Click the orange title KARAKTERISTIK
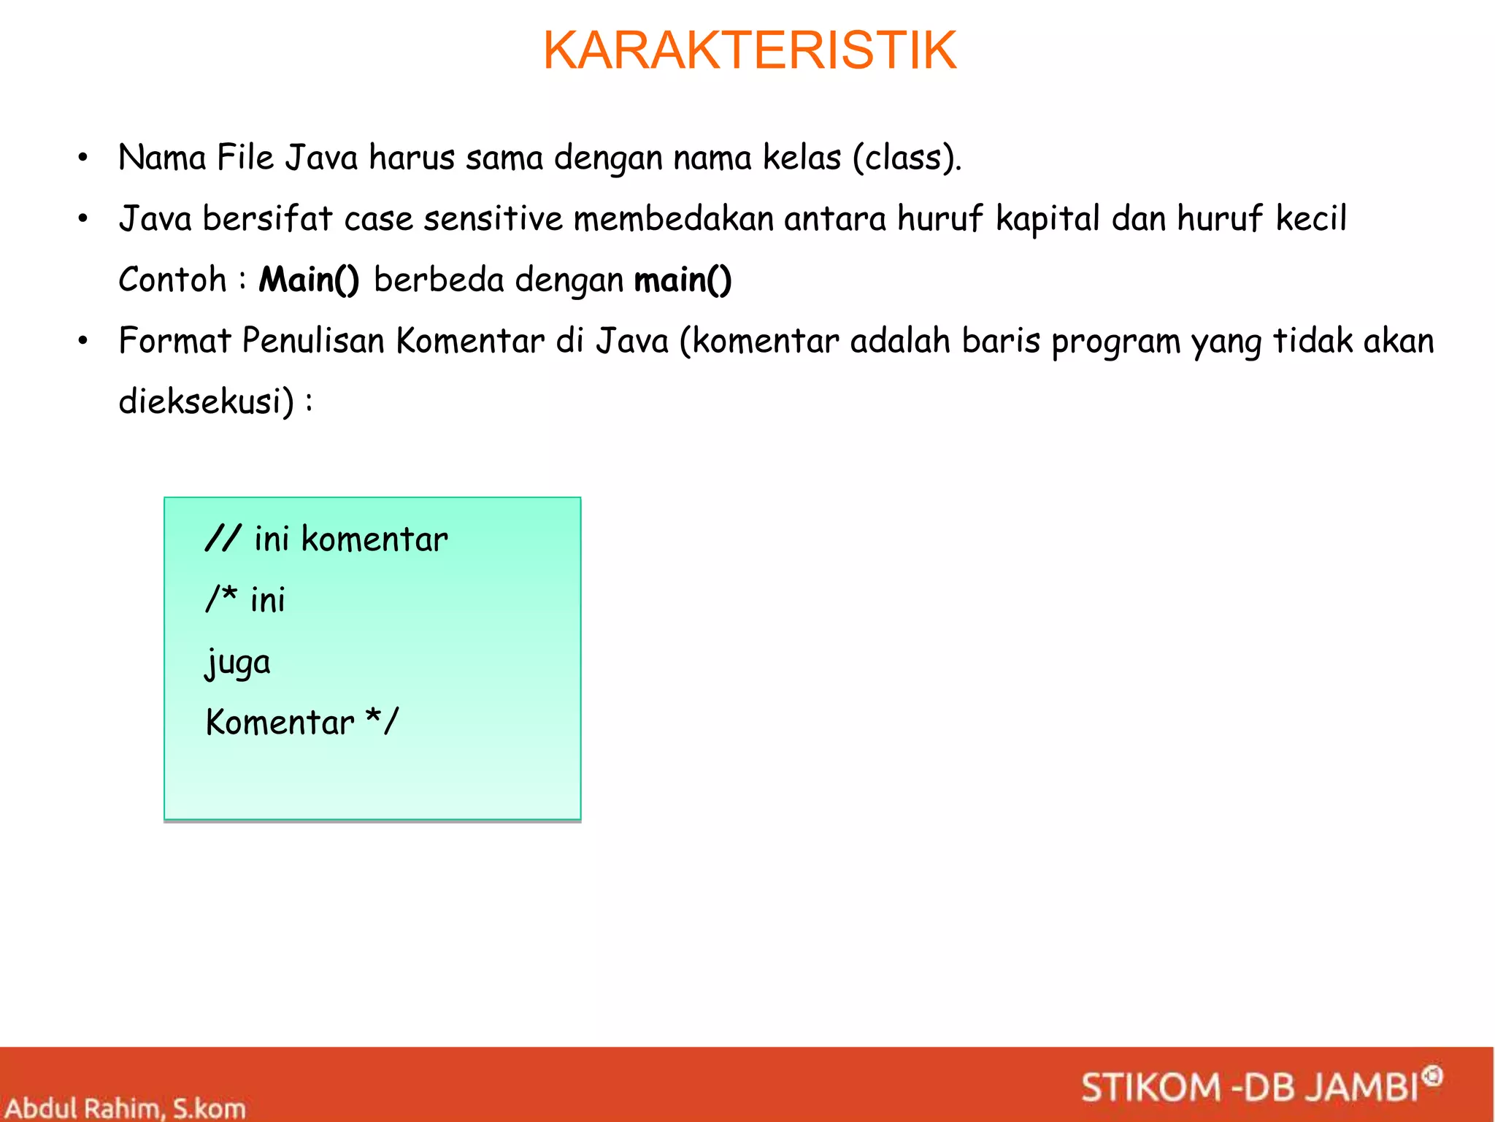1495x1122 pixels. (750, 51)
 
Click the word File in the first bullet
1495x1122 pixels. (245, 158)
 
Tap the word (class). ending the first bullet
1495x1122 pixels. (907, 158)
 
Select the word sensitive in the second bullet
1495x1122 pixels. (493, 219)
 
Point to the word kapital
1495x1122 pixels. (1048, 219)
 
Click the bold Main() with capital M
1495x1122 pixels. (309, 280)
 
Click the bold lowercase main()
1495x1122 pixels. (683, 280)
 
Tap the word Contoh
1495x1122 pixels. (173, 280)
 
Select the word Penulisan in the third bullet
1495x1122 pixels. (313, 341)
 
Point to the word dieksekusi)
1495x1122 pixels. (207, 401)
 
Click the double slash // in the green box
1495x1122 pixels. (222, 539)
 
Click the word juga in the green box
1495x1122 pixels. (237, 663)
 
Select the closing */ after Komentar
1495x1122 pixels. (382, 721)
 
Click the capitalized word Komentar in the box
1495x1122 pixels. (280, 723)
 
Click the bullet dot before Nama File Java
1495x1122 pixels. (83, 158)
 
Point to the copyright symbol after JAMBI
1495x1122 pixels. (1433, 1075)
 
